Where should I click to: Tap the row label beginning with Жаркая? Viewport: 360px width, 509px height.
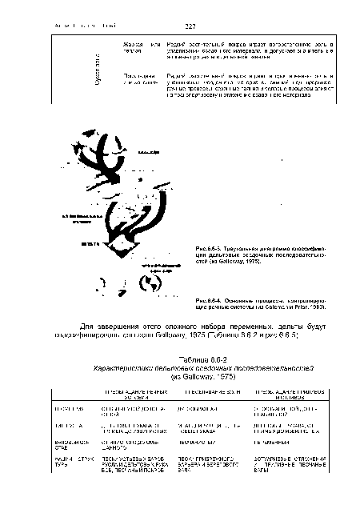pos(131,38)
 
